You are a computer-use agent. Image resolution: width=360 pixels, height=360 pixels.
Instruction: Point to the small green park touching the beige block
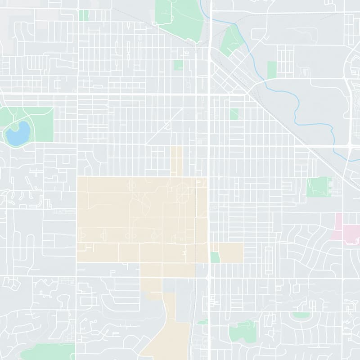(215, 257)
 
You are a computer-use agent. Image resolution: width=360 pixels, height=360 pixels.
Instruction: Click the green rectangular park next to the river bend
(272, 70)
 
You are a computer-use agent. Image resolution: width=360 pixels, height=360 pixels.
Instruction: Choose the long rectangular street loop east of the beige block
(269, 260)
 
